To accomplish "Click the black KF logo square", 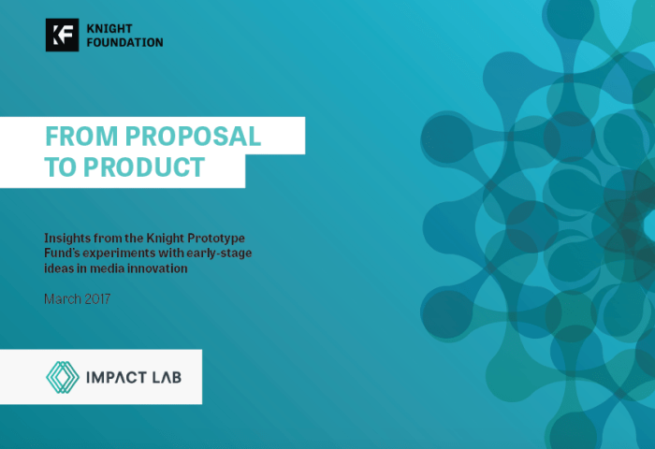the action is [63, 36].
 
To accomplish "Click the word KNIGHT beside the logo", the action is [109, 28].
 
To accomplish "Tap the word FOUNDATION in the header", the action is [124, 42].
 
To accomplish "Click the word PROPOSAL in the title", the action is [193, 137].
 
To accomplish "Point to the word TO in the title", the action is [60, 167].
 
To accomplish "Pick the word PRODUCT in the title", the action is [144, 167].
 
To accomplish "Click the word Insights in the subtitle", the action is [67, 239].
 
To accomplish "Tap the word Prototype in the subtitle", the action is [216, 239].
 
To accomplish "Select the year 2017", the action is [97, 299].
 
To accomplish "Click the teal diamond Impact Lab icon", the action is [63, 377].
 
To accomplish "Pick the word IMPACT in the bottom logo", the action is [116, 378].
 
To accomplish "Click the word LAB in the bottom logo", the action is [167, 378].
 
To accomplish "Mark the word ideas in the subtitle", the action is [59, 268].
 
